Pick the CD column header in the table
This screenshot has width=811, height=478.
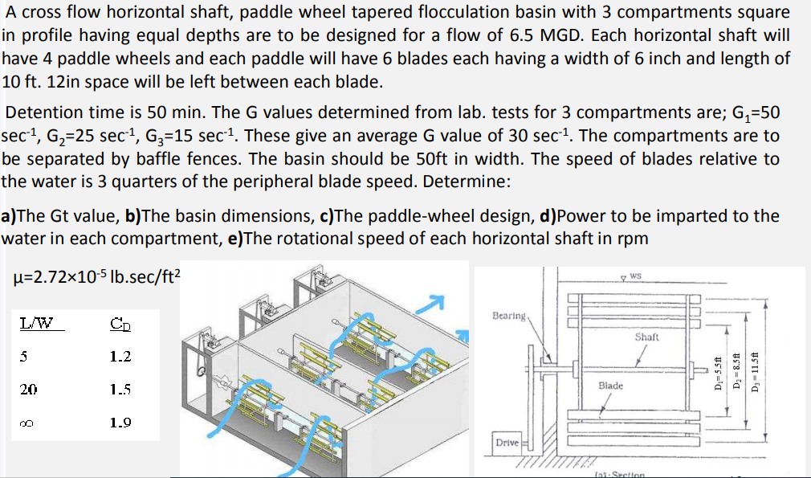click(x=120, y=325)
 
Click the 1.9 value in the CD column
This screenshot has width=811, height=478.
click(x=120, y=422)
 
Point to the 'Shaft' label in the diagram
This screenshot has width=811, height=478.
click(x=646, y=337)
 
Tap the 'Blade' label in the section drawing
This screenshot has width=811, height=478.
click(x=610, y=386)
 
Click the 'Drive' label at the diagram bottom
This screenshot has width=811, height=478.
click(x=507, y=443)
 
